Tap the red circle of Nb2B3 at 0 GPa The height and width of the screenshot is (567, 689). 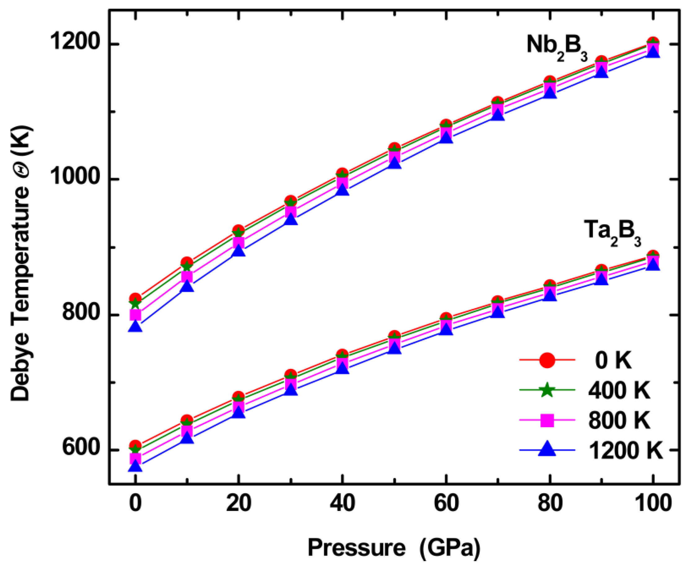tap(135, 298)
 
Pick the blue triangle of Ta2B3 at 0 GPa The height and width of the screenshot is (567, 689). tap(135, 466)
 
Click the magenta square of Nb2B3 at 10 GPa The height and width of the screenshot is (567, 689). tap(187, 276)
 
